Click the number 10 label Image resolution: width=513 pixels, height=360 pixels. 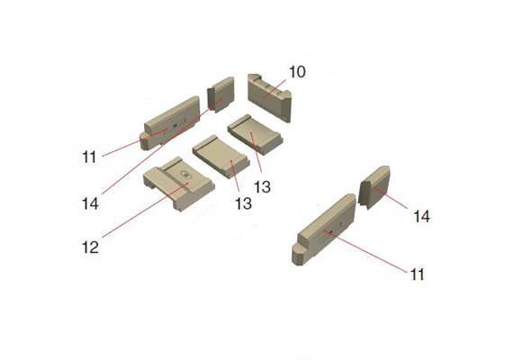click(297, 72)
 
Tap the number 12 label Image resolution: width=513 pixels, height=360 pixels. click(90, 247)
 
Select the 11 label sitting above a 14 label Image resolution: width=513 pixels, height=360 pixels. click(89, 157)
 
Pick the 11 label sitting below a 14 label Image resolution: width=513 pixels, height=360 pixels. click(417, 274)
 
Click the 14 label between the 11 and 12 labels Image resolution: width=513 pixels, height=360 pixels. click(90, 204)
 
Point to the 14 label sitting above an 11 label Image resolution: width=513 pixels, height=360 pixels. click(422, 216)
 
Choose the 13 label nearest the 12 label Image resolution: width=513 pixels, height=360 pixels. click(243, 203)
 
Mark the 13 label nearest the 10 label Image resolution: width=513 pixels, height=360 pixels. click(263, 187)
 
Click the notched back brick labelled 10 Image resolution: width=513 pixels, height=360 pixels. click(269, 97)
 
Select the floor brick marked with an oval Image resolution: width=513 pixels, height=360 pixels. click(178, 184)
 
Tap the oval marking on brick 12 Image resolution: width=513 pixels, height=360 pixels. click(185, 175)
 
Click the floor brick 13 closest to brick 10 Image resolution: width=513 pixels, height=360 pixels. click(256, 134)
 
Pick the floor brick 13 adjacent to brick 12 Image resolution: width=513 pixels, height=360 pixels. click(221, 157)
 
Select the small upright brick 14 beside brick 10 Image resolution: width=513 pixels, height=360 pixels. click(220, 94)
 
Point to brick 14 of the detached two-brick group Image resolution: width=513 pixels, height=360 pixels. click(374, 187)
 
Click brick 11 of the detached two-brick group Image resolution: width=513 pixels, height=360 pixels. click(323, 229)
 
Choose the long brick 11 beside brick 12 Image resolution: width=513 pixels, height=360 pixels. click(172, 122)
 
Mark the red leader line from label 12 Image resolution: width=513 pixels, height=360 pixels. click(145, 210)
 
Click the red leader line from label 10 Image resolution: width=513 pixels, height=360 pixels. click(275, 88)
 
